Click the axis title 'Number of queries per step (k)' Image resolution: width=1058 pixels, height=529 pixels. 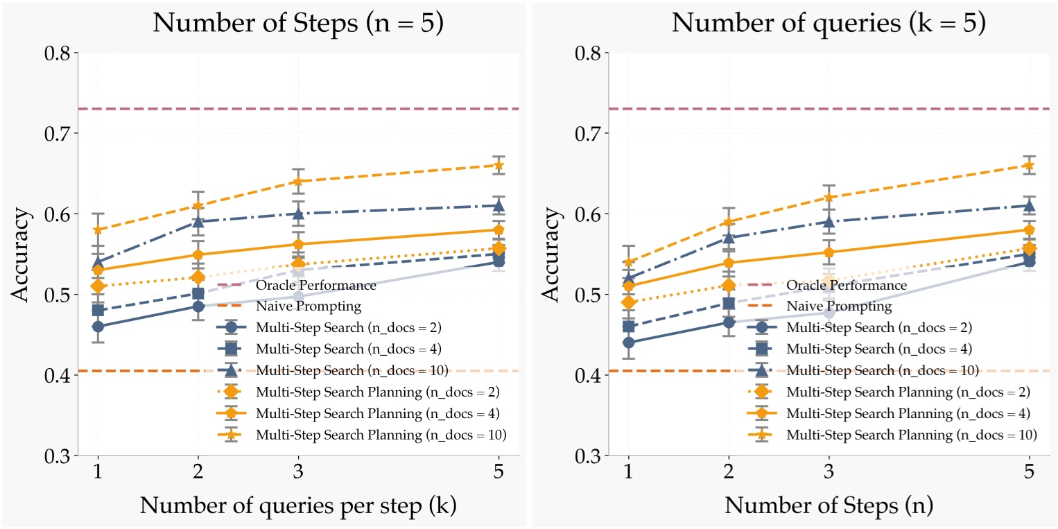coord(297,507)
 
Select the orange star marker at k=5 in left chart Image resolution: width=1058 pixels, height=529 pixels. coord(499,165)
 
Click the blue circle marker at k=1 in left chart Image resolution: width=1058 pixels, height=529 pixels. coord(98,327)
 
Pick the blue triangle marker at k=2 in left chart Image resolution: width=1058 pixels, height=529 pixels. coord(198,222)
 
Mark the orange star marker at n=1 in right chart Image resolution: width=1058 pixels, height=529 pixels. coord(628,262)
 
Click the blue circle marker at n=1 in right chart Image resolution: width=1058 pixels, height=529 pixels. coord(628,342)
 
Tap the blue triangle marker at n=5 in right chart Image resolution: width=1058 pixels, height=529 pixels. coord(1030,205)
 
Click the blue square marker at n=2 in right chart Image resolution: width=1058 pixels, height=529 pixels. coord(729,303)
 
